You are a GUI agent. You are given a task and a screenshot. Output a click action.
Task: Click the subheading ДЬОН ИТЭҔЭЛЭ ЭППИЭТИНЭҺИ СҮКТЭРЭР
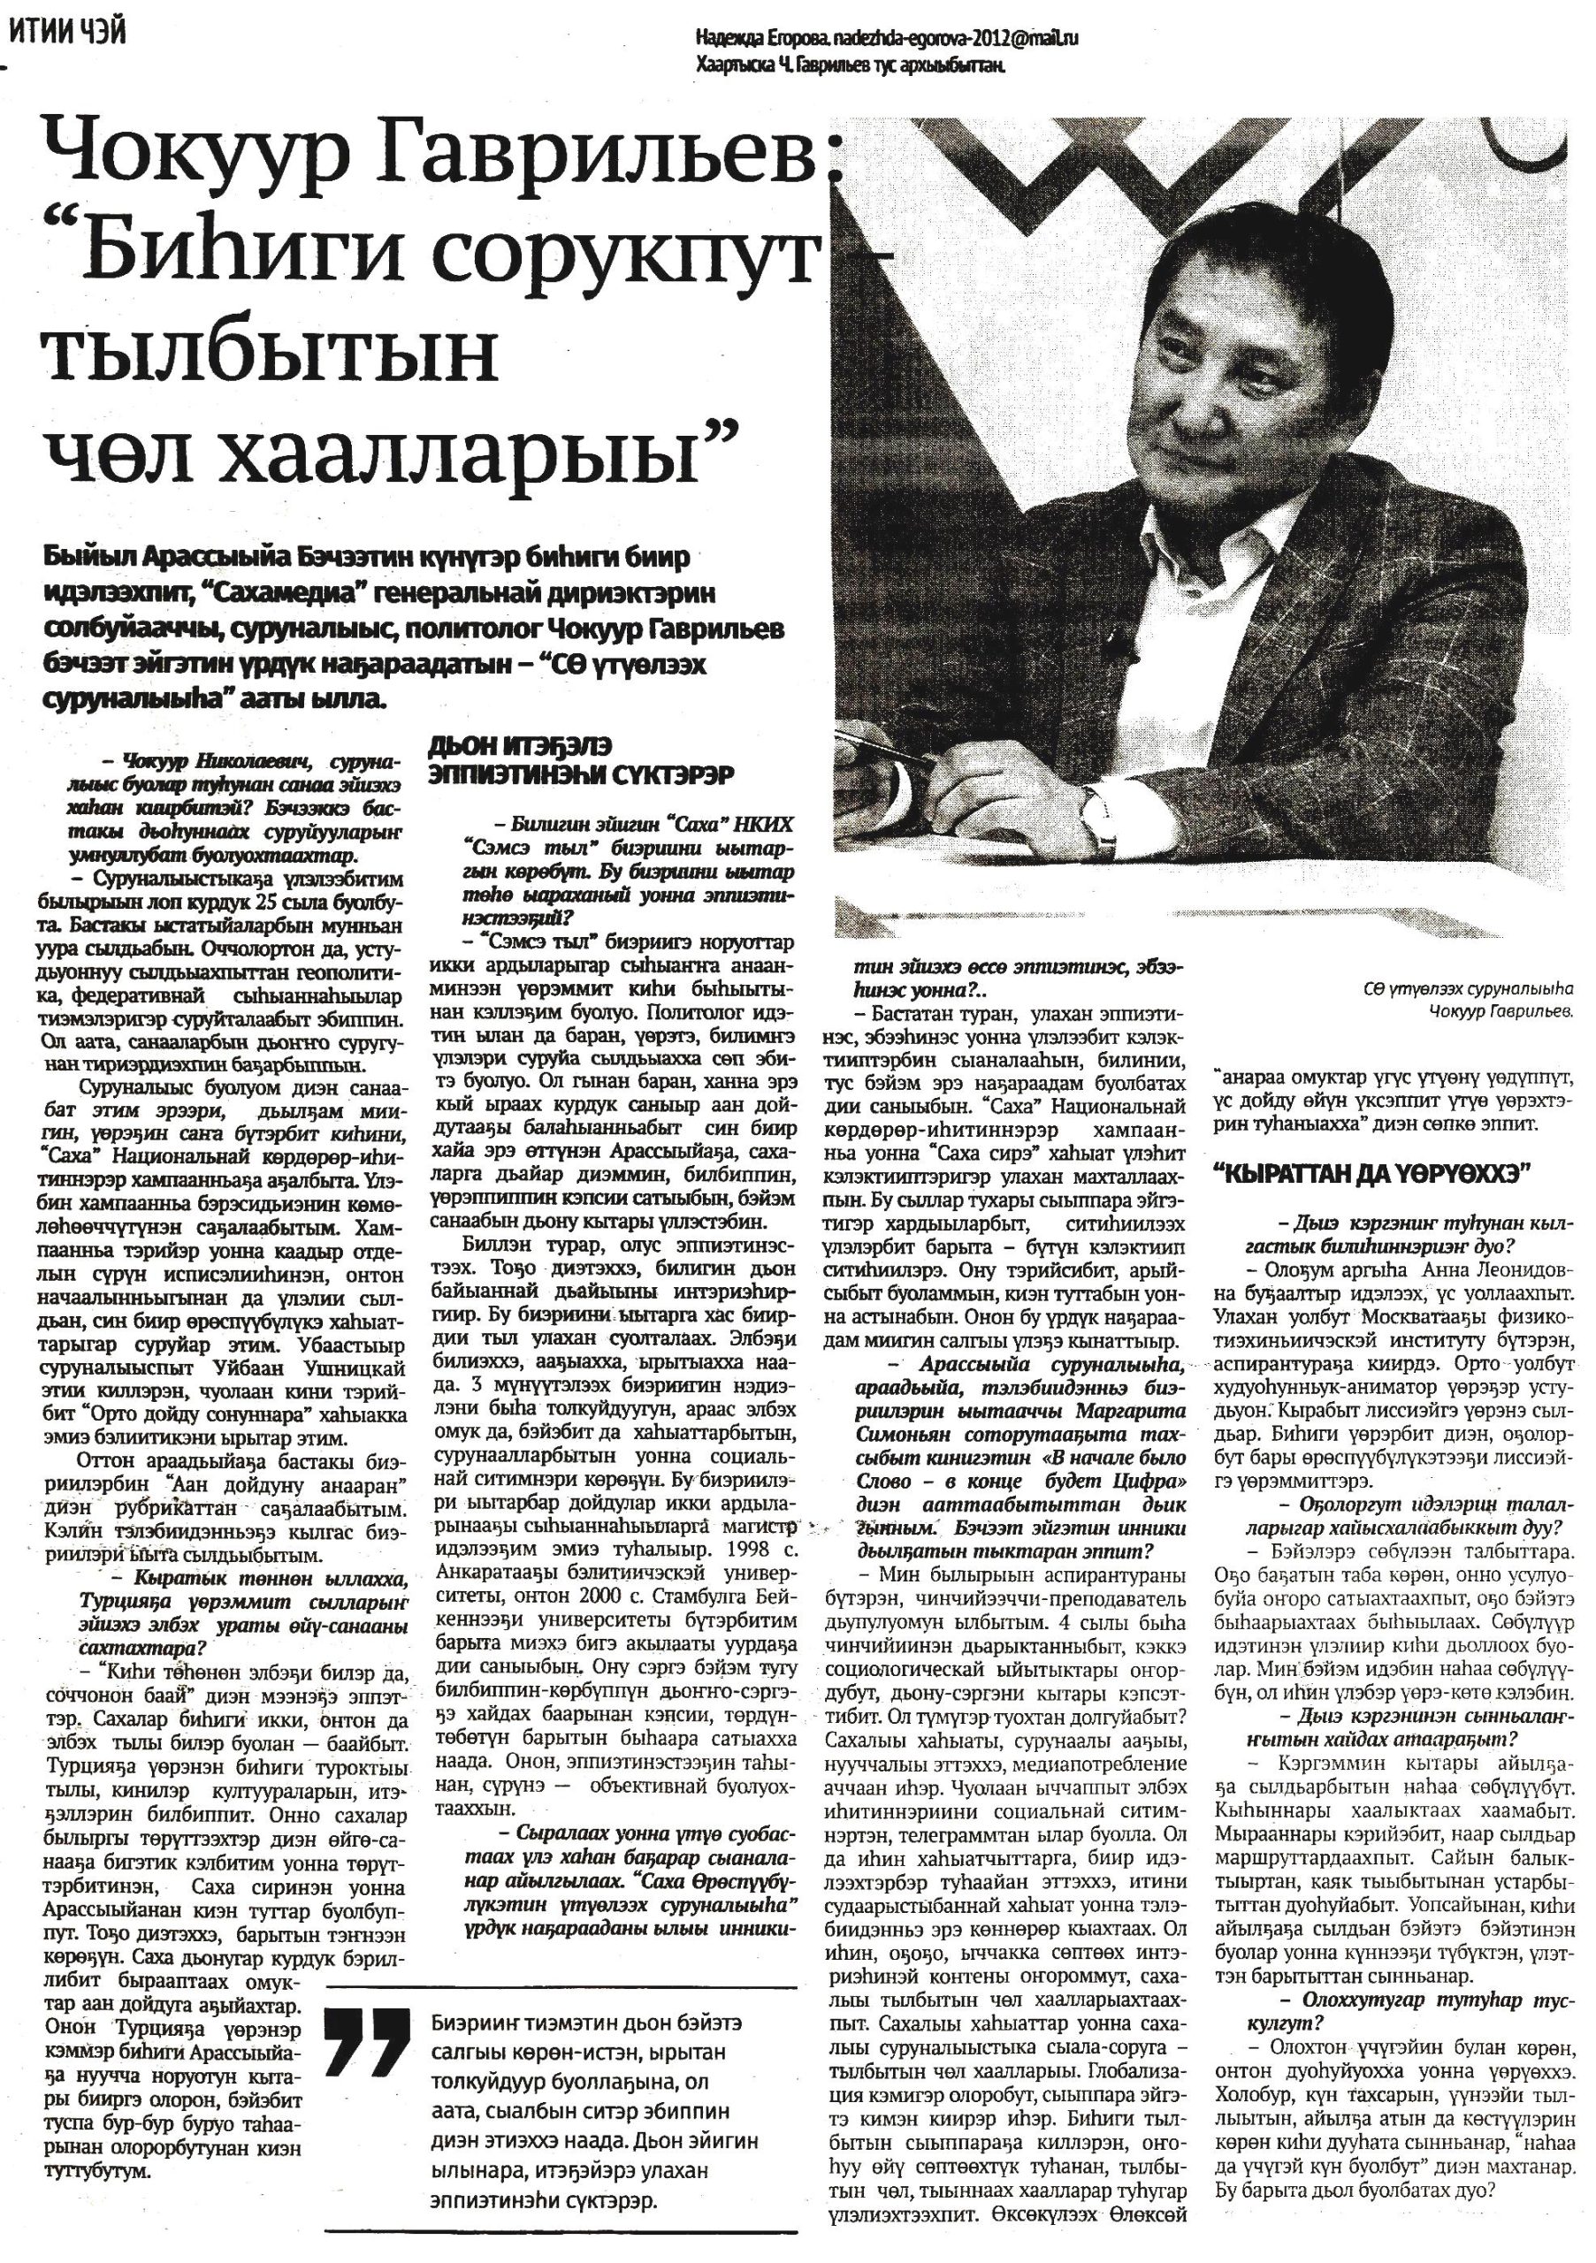coord(582,761)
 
